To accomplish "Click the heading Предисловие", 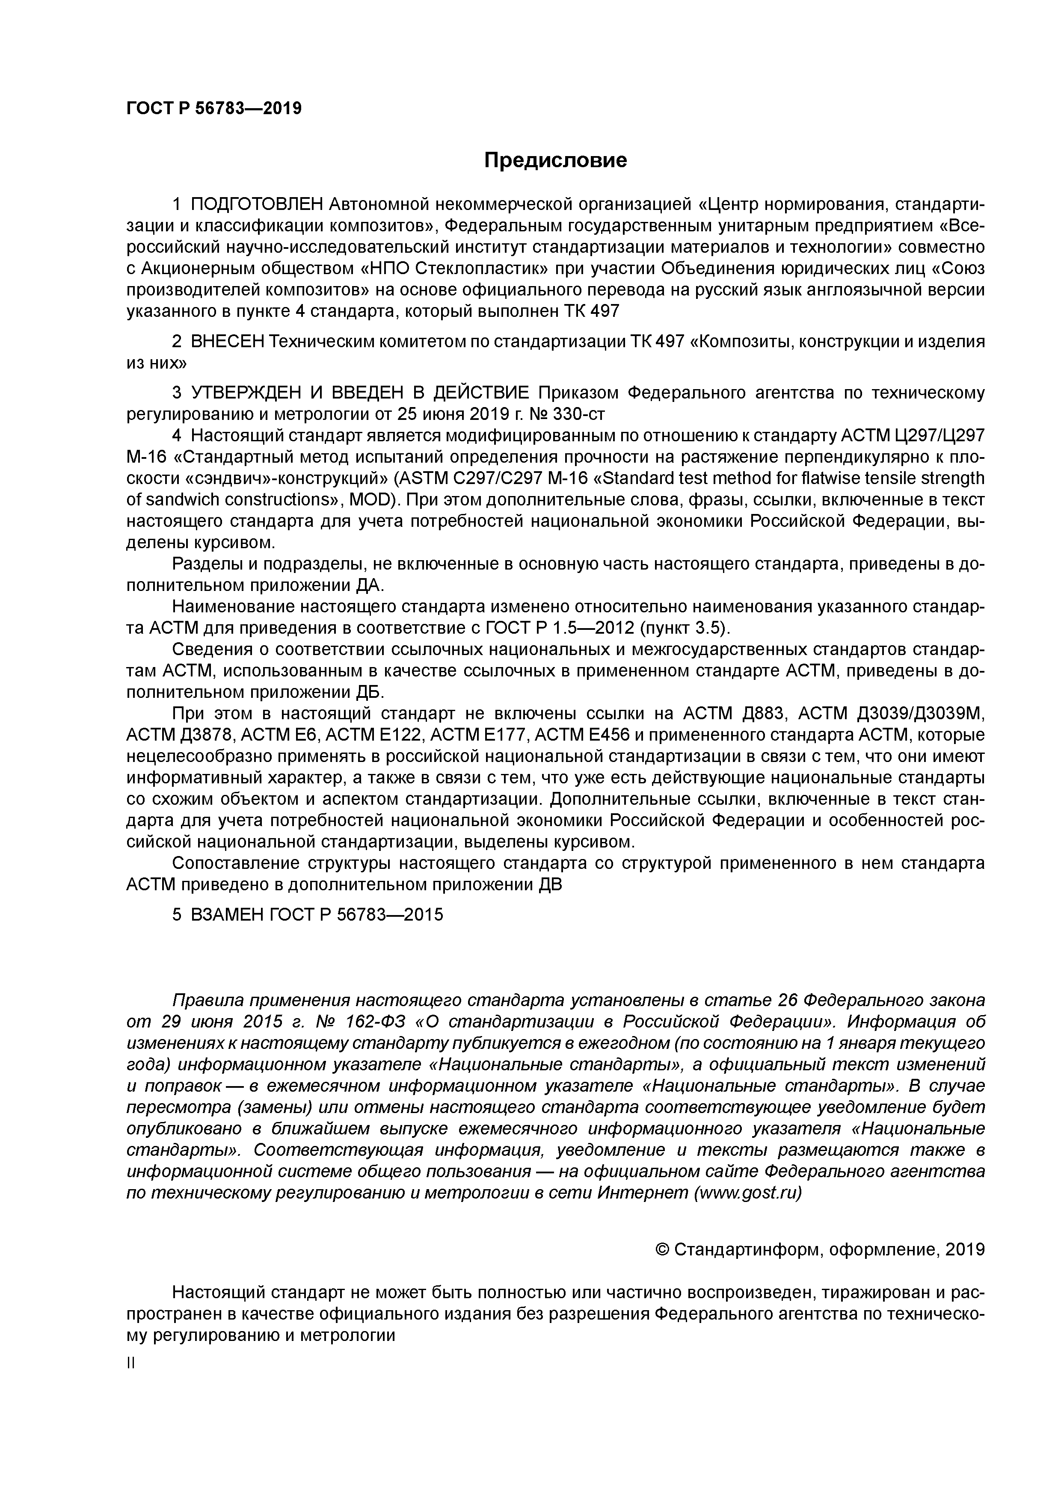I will point(555,160).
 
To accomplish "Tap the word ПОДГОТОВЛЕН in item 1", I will point(257,204).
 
